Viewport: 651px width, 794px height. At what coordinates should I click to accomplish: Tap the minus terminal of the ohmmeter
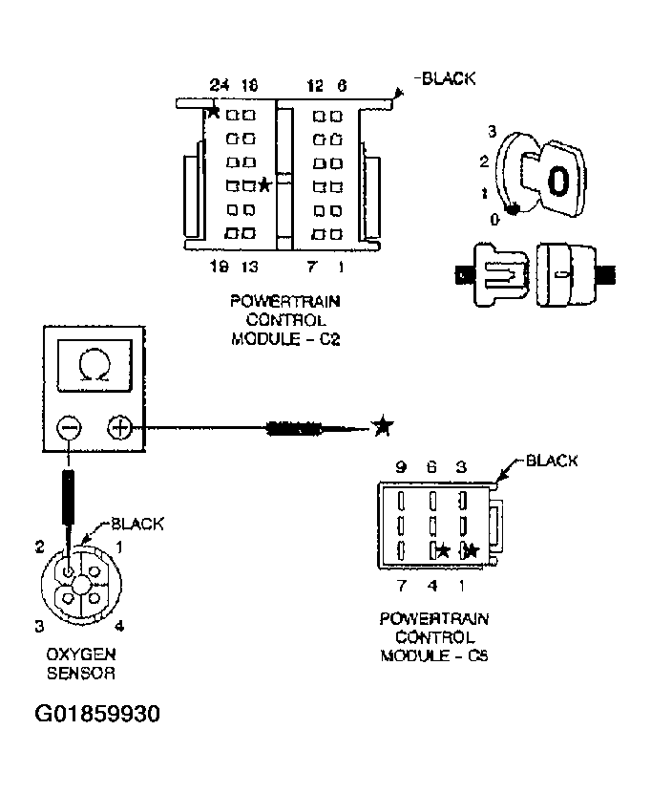tap(68, 427)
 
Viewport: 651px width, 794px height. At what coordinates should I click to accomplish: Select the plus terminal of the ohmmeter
tap(119, 427)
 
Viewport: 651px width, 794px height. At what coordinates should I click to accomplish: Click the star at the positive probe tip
tap(382, 426)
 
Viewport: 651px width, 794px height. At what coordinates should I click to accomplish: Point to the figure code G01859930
tap(97, 715)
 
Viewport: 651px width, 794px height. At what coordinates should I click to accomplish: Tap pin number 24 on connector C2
tap(220, 86)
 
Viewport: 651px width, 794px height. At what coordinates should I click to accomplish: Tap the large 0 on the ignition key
tap(559, 181)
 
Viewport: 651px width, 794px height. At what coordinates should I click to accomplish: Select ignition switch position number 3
tap(490, 131)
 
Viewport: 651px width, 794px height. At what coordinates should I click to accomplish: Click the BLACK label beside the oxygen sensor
tap(137, 524)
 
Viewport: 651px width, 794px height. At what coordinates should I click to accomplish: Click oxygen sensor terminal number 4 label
tap(118, 626)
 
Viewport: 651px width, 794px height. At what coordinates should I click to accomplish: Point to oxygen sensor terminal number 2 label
tap(40, 547)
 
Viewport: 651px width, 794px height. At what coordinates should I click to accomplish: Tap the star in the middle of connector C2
tap(264, 184)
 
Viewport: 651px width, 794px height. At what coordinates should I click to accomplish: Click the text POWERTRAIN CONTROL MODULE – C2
tap(285, 319)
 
